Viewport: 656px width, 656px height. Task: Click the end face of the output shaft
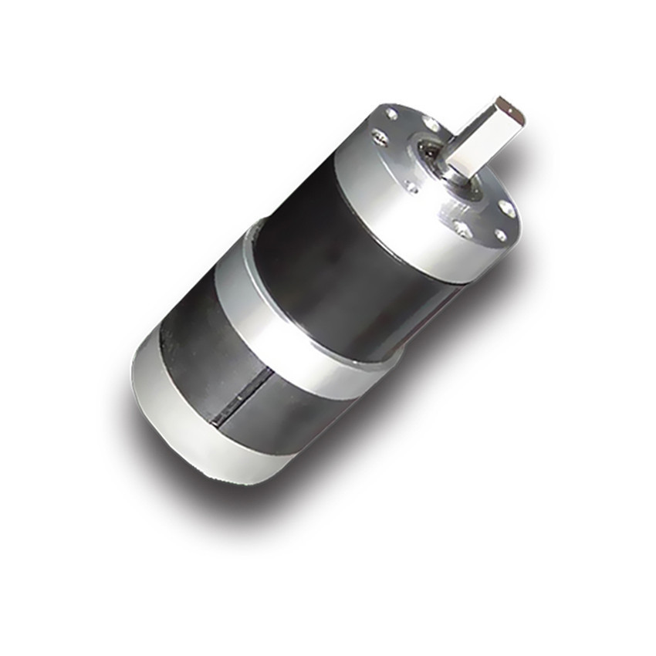[x=510, y=113]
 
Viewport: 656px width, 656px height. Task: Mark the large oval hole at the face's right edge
[x=507, y=208]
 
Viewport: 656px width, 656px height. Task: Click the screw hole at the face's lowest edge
[x=462, y=228]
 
